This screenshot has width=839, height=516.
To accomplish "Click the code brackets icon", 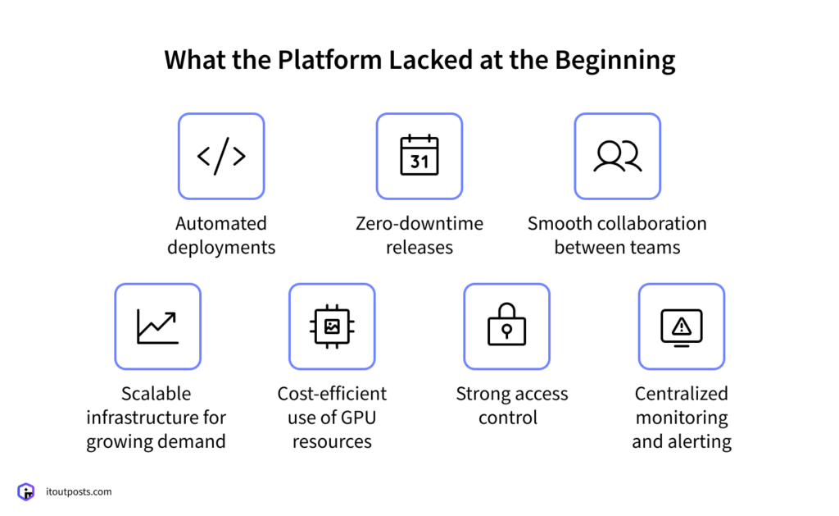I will click(x=221, y=156).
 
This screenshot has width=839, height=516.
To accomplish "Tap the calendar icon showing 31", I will click(x=419, y=156).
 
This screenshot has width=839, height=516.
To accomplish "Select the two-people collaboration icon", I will click(x=617, y=156).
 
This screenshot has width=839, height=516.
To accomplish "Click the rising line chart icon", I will click(x=157, y=326).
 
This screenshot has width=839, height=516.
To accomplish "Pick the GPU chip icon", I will click(x=332, y=326).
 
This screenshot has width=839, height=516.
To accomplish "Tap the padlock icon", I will click(x=506, y=326).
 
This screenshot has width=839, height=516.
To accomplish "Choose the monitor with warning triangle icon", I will click(x=681, y=326).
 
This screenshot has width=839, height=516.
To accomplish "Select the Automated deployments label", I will click(x=221, y=235).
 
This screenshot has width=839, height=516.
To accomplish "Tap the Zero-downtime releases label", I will click(x=419, y=235).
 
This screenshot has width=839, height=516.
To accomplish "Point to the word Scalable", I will click(x=156, y=394).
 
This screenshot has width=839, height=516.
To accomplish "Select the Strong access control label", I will click(x=506, y=405).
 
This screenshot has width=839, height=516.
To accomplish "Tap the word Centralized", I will click(x=681, y=394).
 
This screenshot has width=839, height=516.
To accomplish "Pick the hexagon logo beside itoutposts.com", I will click(x=27, y=491).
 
